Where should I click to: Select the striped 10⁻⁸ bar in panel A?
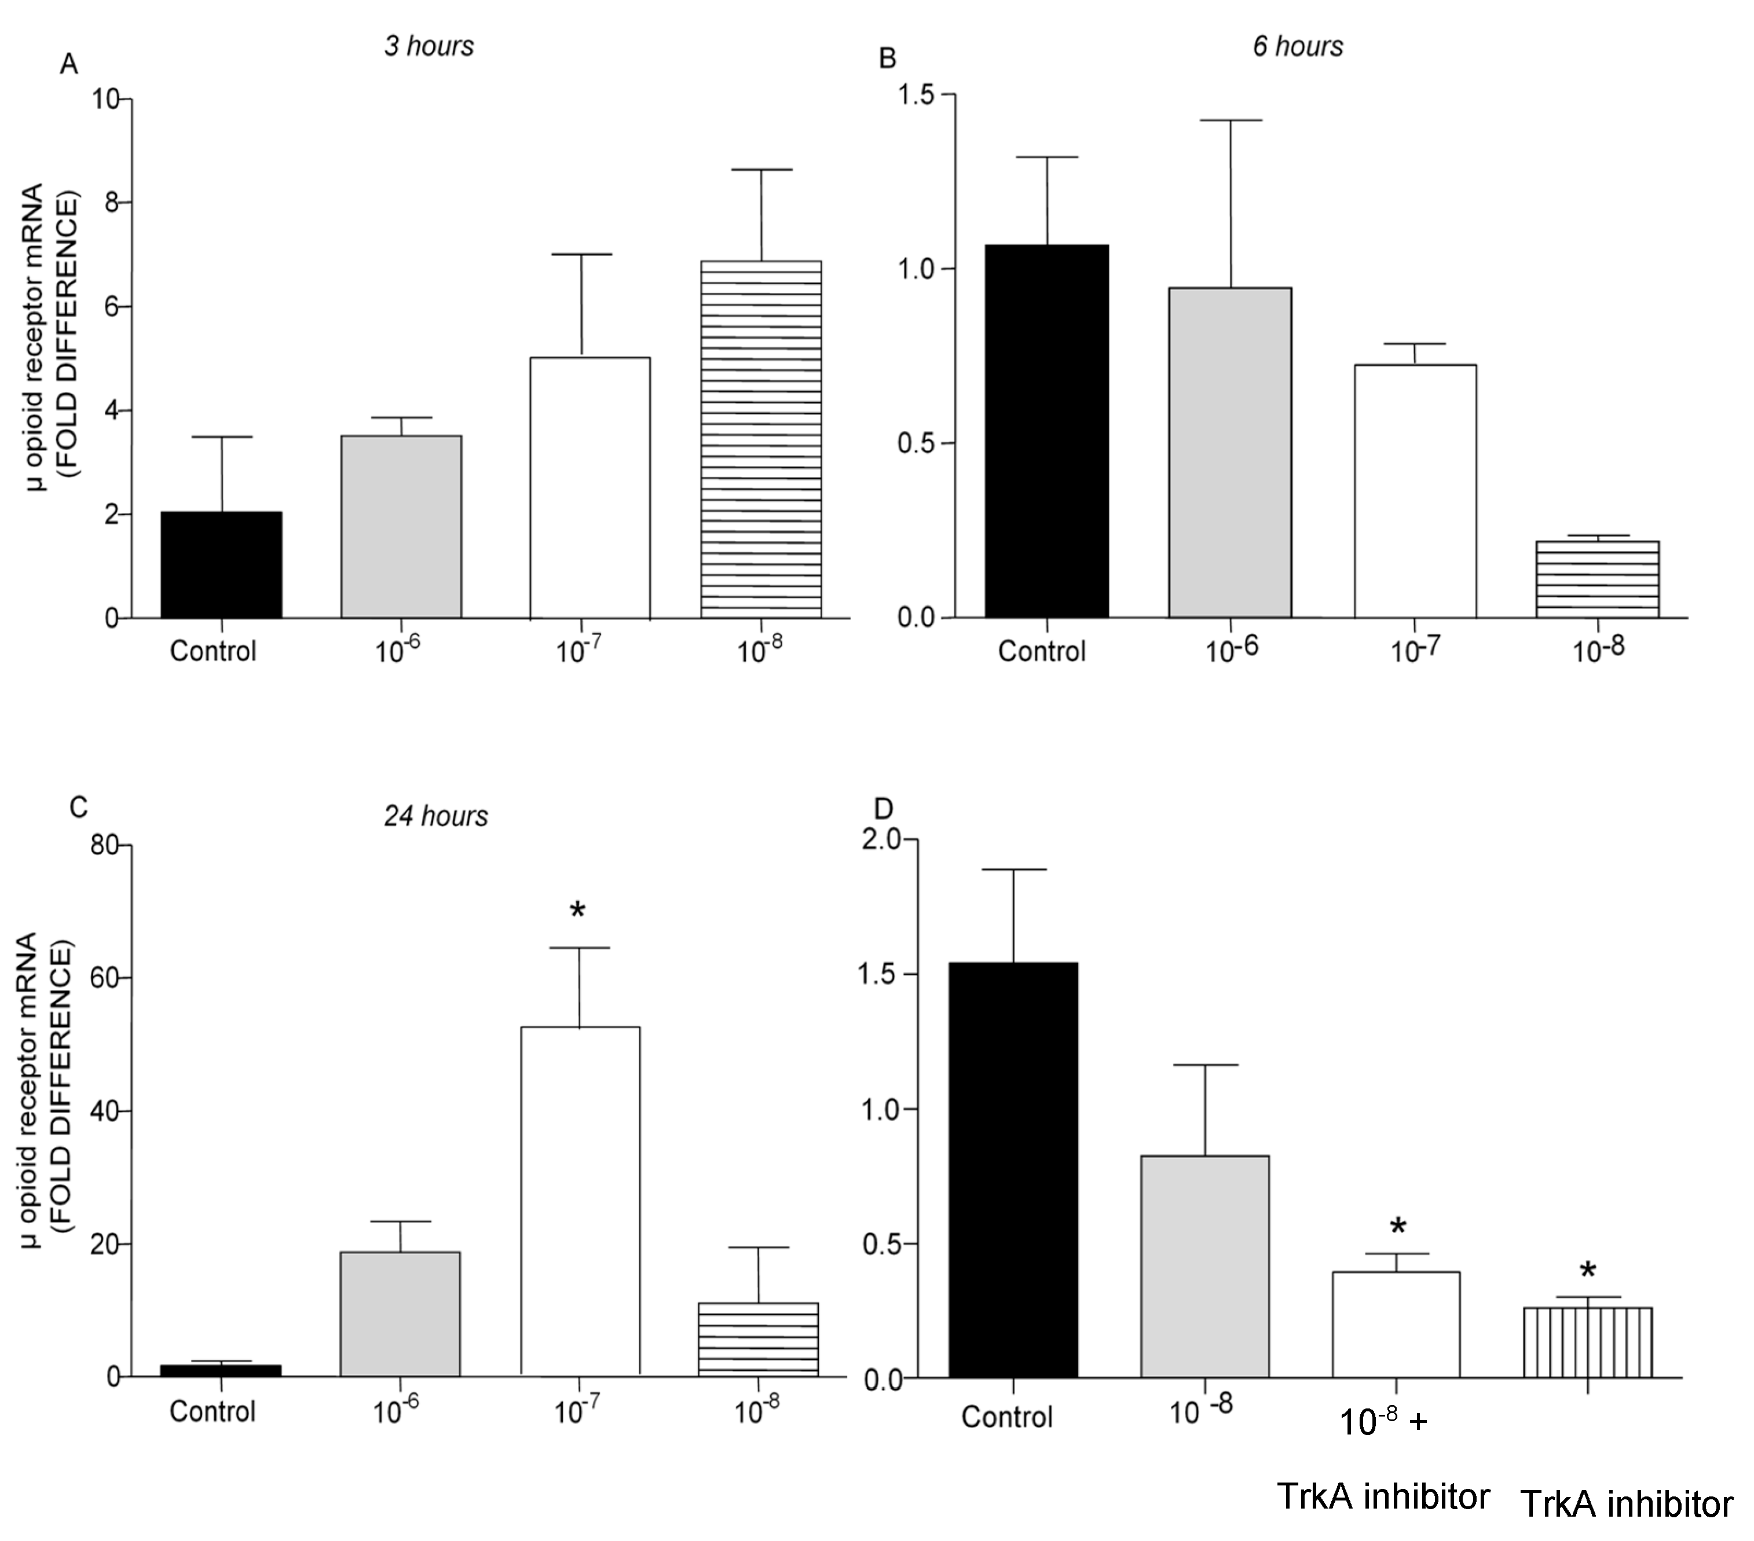click(x=761, y=439)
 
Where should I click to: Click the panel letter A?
click(x=69, y=64)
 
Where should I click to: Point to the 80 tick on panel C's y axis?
click(x=105, y=845)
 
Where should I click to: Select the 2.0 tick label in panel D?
click(x=881, y=839)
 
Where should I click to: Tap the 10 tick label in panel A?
click(x=107, y=100)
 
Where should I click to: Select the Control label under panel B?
click(x=1041, y=651)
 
